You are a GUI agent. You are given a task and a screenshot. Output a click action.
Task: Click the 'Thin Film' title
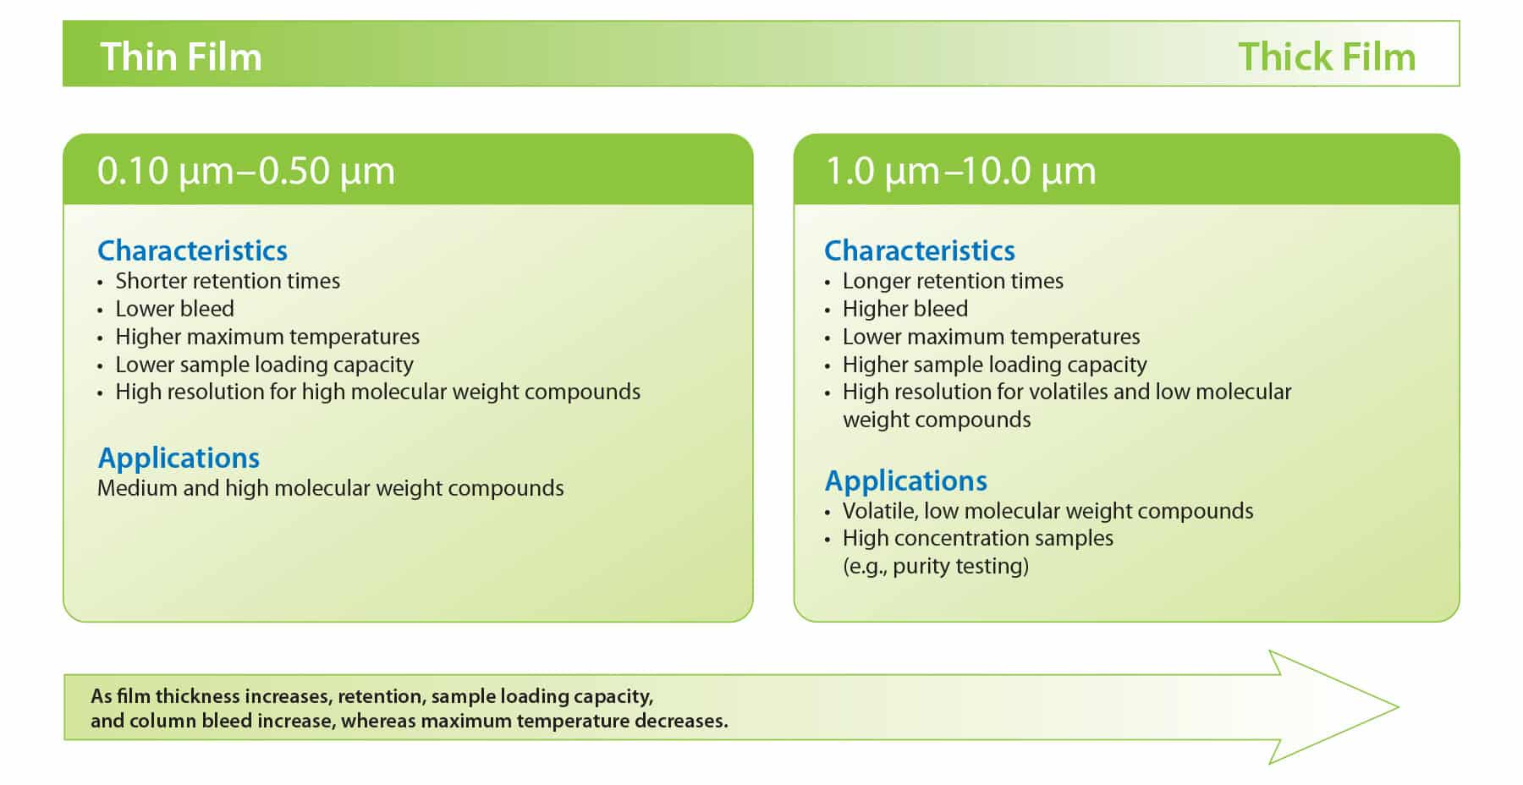click(x=181, y=57)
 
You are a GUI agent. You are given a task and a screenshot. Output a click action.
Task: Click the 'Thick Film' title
click(x=1327, y=57)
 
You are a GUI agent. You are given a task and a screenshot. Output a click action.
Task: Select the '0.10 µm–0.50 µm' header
click(x=246, y=171)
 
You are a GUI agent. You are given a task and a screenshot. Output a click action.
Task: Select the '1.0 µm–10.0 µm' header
click(x=960, y=171)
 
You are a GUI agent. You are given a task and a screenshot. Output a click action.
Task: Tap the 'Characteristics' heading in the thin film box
click(x=193, y=250)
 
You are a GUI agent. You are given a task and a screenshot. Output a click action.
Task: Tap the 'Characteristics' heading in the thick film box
click(x=920, y=250)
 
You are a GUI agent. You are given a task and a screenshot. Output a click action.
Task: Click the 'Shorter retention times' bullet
click(x=228, y=281)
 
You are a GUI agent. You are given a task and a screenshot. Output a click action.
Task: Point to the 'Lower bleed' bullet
click(x=174, y=309)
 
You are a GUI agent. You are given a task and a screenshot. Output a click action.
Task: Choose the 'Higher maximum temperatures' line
click(x=267, y=337)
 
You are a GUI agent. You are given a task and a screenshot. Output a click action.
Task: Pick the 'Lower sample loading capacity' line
click(x=264, y=365)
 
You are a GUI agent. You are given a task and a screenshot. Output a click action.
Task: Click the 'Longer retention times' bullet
click(x=953, y=281)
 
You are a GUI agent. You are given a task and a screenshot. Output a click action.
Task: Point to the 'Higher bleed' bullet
click(x=905, y=309)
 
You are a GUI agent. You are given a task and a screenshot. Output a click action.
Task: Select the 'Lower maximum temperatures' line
click(x=991, y=337)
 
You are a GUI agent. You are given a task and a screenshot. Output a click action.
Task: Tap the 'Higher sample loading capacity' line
click(x=994, y=365)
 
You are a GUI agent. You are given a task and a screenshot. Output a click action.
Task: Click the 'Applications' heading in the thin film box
click(x=179, y=458)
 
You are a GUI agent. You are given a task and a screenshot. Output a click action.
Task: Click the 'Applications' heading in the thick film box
click(x=905, y=480)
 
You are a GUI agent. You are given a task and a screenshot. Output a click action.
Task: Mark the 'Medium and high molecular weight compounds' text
click(x=330, y=488)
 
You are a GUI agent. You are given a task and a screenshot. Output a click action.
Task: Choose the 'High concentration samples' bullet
click(x=977, y=538)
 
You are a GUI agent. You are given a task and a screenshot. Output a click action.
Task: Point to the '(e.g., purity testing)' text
click(x=936, y=566)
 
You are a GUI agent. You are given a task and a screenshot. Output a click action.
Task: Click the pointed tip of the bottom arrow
click(x=1398, y=707)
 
